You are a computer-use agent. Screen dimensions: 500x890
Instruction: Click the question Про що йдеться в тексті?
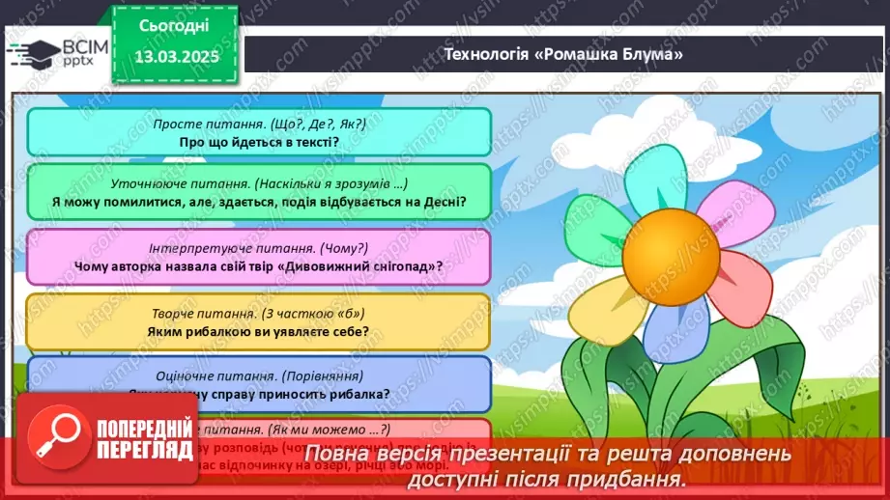click(258, 142)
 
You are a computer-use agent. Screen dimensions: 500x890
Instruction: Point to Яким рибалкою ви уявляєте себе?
click(258, 331)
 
